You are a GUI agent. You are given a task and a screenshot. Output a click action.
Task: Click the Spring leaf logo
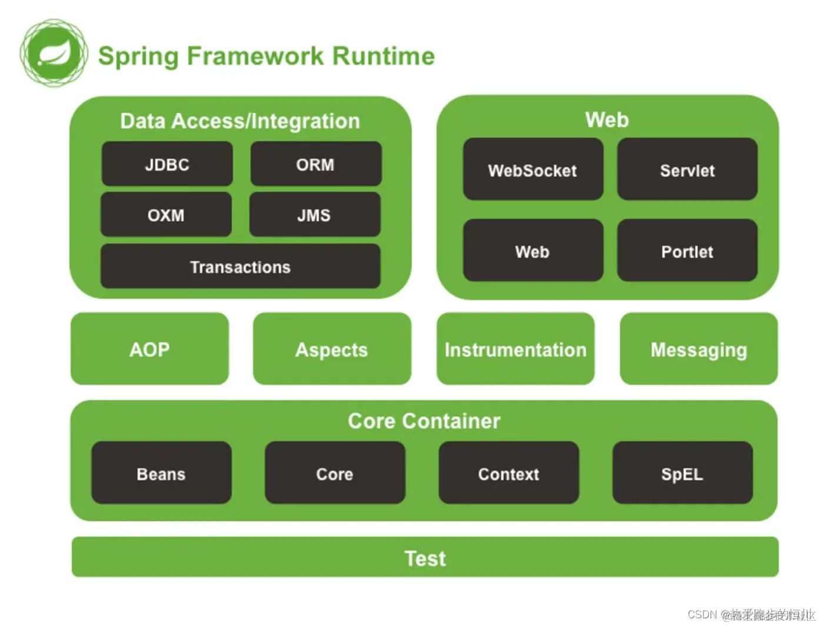pos(54,54)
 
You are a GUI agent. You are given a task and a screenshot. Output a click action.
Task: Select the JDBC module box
pos(167,164)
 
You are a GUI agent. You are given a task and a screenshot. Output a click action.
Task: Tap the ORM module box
pos(315,164)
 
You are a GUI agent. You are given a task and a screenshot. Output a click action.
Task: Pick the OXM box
pos(166,215)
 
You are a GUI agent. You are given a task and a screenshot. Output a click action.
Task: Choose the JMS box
pos(314,215)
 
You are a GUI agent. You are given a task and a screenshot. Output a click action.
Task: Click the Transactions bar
pos(240,267)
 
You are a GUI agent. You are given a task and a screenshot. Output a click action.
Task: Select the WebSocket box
pos(532,170)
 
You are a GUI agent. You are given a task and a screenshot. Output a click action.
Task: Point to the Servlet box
pos(687,170)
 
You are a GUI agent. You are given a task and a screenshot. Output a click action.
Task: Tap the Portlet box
pos(687,251)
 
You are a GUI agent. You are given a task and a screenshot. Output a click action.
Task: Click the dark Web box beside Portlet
pos(532,251)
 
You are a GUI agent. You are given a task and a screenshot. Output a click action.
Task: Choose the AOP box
pos(149,349)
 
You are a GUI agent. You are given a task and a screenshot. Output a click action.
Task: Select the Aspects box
pos(332,349)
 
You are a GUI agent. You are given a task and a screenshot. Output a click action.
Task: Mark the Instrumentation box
pos(515,349)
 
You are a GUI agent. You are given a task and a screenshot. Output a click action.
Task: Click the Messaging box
pos(699,349)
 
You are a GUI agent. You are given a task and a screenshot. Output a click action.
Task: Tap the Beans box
pos(161,473)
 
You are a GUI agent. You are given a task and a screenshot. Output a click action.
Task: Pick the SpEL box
pos(682,473)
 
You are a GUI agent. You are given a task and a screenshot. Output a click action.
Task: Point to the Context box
pos(509,473)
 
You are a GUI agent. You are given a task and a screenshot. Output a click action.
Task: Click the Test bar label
pos(425,558)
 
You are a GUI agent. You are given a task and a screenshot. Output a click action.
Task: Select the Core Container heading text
pos(424,421)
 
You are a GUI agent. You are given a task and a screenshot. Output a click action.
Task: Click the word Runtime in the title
pos(384,56)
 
